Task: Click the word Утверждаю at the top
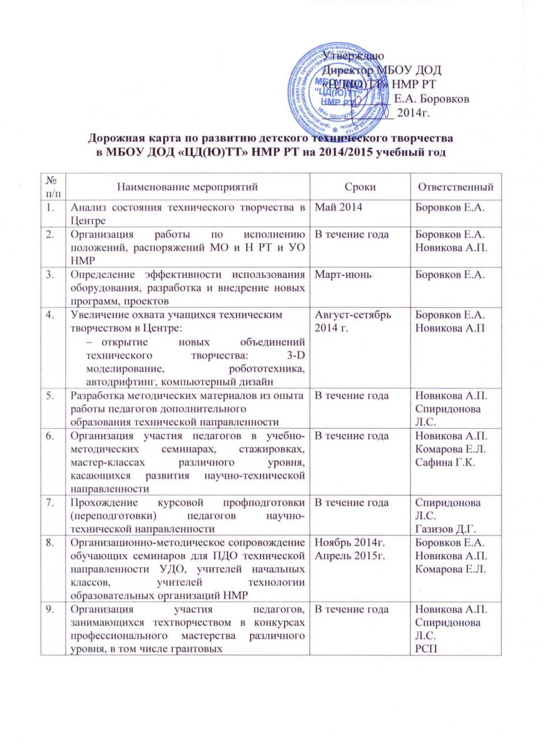tap(350, 58)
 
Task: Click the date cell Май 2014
tap(338, 207)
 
